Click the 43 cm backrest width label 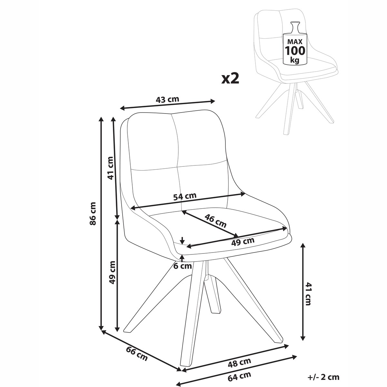point(167,99)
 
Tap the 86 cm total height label point(93,214)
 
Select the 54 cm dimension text point(185,196)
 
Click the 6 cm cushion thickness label point(182,266)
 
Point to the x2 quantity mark point(230,79)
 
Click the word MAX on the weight point(295,42)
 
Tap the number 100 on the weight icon point(295,51)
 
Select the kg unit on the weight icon point(295,60)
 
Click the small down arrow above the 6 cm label point(182,241)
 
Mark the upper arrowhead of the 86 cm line point(101,119)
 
